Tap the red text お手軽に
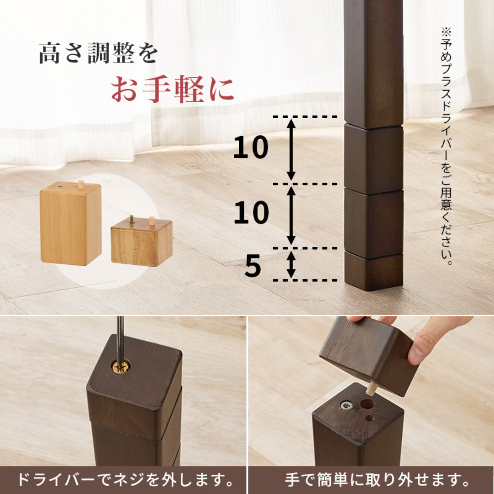(172, 89)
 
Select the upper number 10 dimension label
(250, 148)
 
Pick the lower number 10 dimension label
(250, 213)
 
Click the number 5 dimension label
(253, 266)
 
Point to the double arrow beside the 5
(291, 265)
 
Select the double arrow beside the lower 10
(291, 215)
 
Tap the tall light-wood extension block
(70, 224)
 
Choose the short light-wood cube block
(141, 244)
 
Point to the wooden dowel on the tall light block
(81, 184)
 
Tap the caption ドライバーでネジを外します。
(123, 480)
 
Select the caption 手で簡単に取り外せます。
(377, 480)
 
